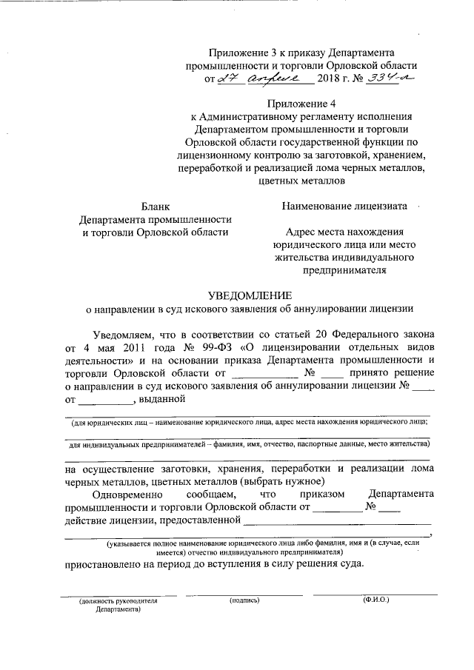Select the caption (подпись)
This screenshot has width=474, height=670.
(244, 600)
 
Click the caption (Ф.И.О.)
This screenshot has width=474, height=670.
(376, 600)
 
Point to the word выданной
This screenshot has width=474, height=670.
(161, 401)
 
